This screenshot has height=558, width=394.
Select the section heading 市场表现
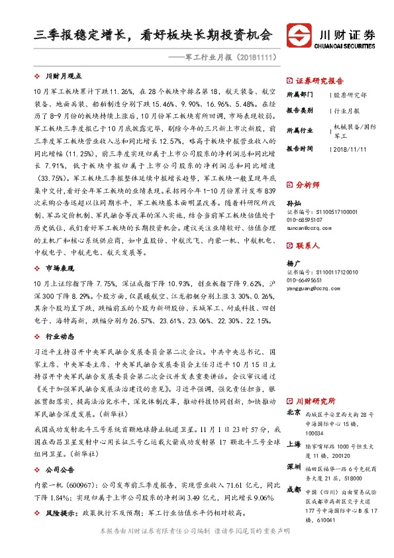click(x=60, y=268)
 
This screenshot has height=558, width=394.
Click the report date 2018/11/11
click(x=349, y=149)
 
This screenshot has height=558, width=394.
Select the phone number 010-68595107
click(x=309, y=219)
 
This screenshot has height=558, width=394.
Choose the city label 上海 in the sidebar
click(x=293, y=445)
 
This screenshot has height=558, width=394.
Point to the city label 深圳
click(x=293, y=467)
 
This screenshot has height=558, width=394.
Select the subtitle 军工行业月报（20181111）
click(x=230, y=58)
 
